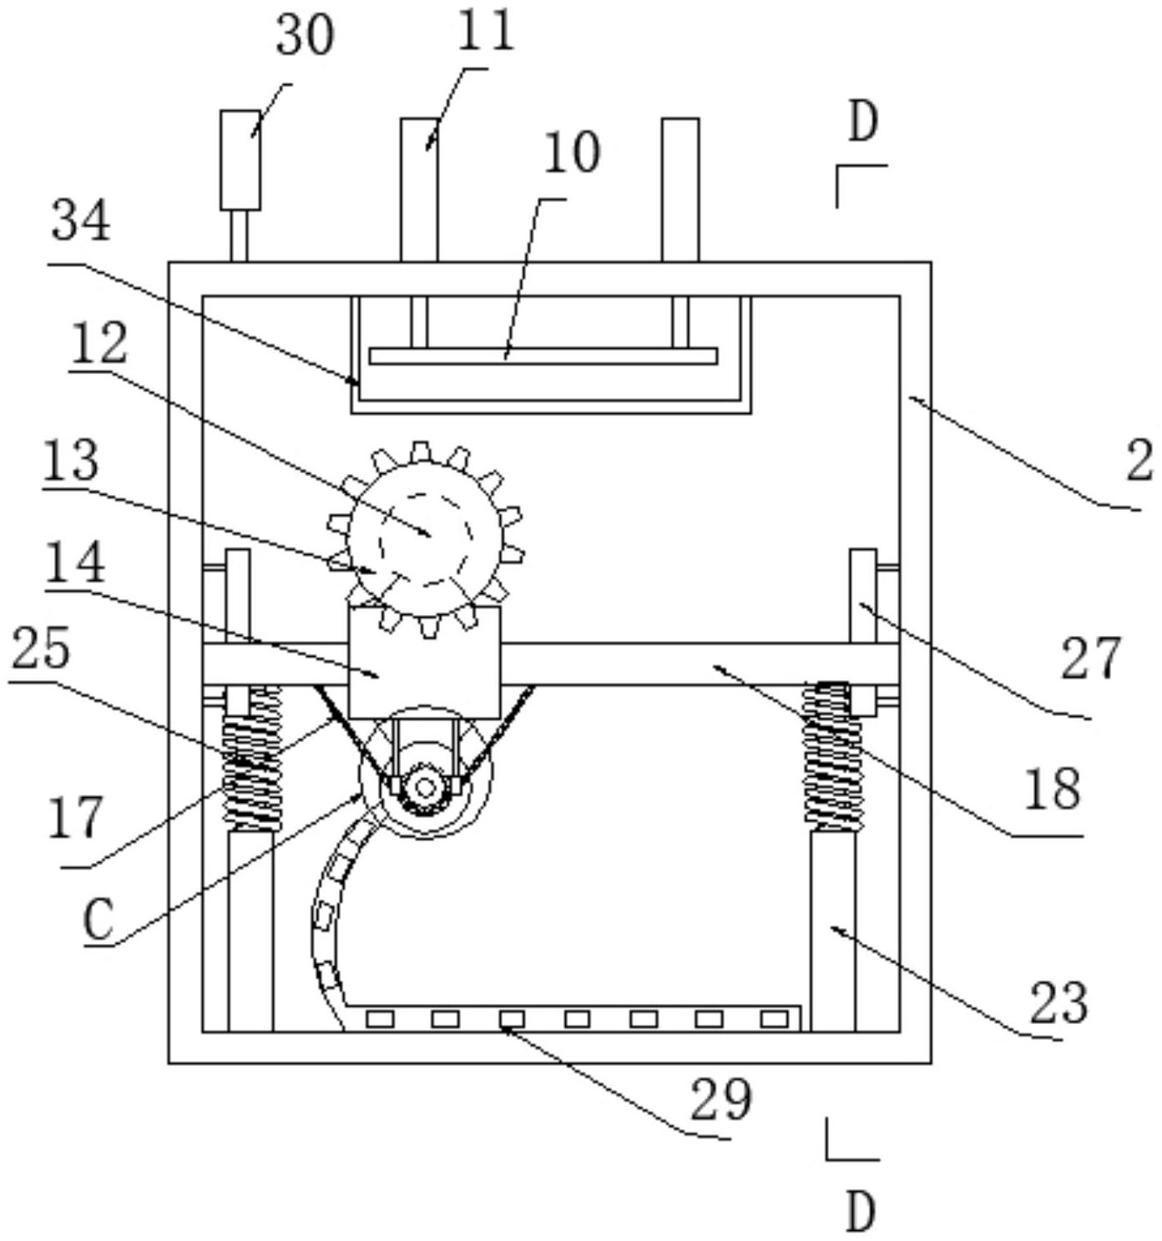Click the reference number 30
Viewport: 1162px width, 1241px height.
tap(305, 38)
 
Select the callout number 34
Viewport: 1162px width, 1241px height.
tap(81, 222)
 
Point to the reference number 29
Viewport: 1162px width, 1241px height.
tap(720, 1100)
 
